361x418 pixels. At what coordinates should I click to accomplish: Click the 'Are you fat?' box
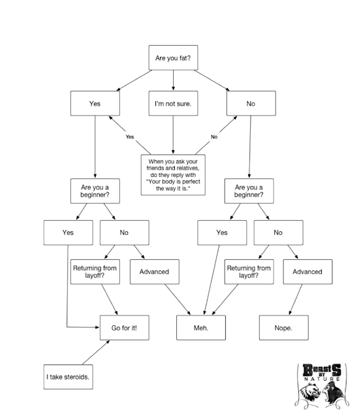pos(173,58)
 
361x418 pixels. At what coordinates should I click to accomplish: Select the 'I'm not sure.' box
pos(173,103)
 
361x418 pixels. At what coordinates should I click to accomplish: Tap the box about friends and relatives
pos(173,175)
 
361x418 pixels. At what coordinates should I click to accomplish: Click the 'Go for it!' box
pos(125,328)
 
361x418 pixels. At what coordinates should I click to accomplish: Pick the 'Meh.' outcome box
pos(201,328)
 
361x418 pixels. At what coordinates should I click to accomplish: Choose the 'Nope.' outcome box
pos(284,328)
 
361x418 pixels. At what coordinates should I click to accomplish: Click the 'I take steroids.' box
pos(68,377)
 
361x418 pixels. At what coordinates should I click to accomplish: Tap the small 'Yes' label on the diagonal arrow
pos(130,137)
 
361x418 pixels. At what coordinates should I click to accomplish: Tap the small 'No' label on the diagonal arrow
pos(214,137)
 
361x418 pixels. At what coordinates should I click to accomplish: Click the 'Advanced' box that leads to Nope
pos(307,272)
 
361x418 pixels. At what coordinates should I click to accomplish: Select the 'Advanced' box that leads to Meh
pos(155,272)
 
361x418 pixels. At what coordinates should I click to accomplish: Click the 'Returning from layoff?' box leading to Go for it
pos(95,272)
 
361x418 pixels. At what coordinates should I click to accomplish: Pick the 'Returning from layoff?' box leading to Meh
pos(249,272)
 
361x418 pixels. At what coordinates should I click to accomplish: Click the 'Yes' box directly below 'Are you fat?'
pos(95,103)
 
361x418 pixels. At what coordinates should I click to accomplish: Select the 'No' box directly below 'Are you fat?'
pos(251,103)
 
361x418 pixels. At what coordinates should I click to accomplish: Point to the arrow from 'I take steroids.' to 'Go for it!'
pos(96,353)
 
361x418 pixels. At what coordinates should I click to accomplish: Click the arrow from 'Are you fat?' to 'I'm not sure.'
pos(173,80)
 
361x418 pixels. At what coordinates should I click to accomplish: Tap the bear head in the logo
pos(310,393)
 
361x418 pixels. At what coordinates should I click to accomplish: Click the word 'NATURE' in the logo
pos(322,379)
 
